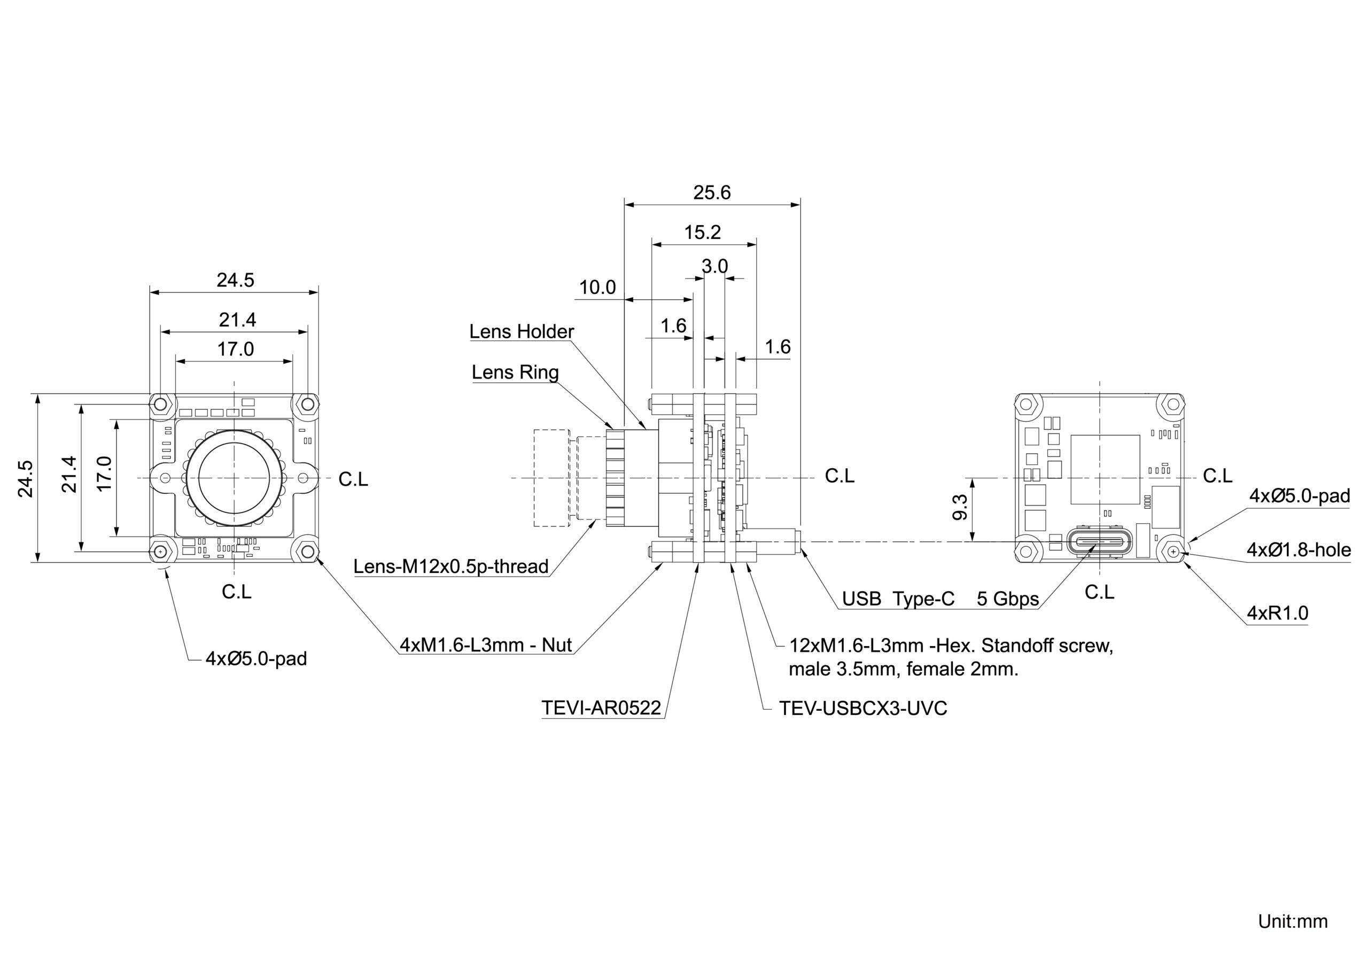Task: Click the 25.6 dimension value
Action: pyautogui.click(x=711, y=192)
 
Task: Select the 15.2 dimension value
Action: pyautogui.click(x=703, y=232)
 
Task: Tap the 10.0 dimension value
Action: pyautogui.click(x=597, y=288)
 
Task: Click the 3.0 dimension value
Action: pyautogui.click(x=714, y=266)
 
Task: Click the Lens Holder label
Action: pyautogui.click(x=522, y=331)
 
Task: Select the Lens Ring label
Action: pyautogui.click(x=515, y=373)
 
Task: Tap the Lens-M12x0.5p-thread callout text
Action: pyautogui.click(x=451, y=566)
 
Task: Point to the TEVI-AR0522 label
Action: pyautogui.click(x=601, y=708)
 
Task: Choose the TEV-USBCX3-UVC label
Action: pyautogui.click(x=864, y=708)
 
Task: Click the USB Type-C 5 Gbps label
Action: pyautogui.click(x=940, y=599)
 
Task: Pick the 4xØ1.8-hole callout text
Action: pyautogui.click(x=1299, y=549)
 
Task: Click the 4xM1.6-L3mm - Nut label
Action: pyautogui.click(x=486, y=645)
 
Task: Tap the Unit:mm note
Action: pyautogui.click(x=1293, y=921)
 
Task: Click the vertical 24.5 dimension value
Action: pyautogui.click(x=25, y=479)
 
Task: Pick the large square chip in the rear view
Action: pyautogui.click(x=1105, y=470)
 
